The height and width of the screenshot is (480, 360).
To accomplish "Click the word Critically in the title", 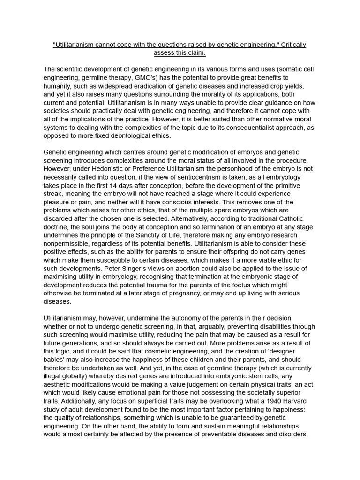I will (290, 45).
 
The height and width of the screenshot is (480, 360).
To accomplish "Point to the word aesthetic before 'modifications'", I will (59, 385).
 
